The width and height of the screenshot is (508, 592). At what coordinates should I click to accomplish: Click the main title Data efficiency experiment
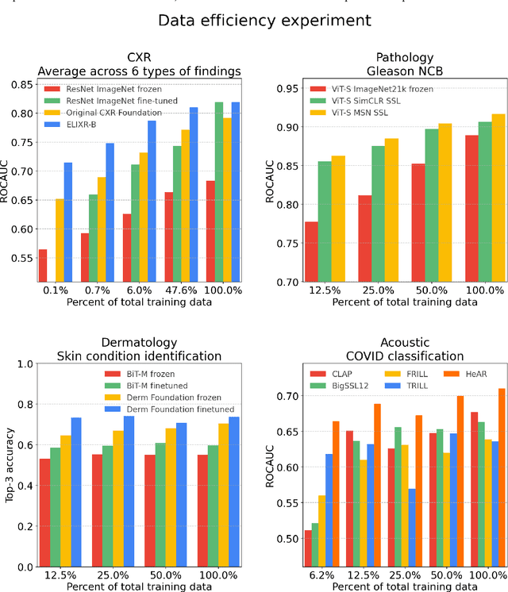(254, 20)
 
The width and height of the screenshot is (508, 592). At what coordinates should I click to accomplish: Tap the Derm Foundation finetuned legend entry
(167, 409)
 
